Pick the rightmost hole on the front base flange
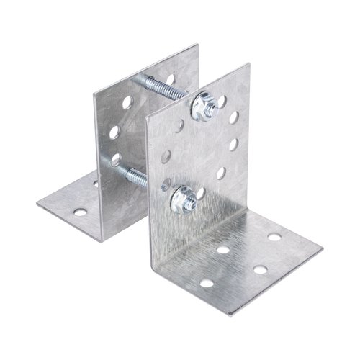point(275,236)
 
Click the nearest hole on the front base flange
point(207,282)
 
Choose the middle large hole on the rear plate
point(114,132)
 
